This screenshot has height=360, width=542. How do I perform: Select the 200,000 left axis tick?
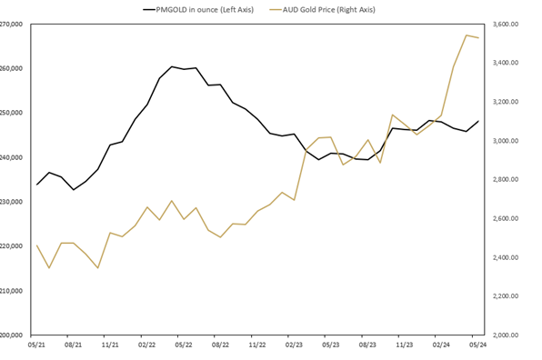13,335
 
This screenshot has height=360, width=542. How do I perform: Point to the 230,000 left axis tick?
13,202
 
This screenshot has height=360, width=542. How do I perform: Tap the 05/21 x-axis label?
36,345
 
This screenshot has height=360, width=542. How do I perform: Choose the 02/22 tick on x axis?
147,345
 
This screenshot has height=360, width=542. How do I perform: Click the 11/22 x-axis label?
257,345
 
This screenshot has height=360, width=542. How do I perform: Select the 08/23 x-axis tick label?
367,345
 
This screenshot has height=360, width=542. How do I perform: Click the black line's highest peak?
171,66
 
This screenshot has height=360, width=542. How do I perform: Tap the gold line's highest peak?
467,35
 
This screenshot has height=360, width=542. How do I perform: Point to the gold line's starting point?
36,245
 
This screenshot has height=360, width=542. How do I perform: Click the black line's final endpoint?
478,121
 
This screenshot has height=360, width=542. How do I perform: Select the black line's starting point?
36,185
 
